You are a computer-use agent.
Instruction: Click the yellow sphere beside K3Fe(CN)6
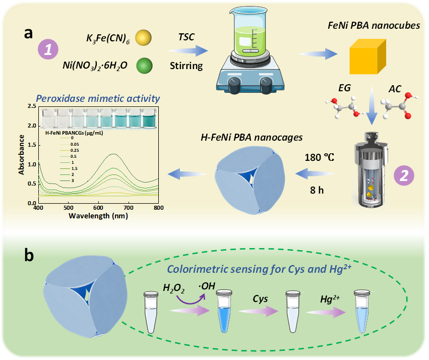(x=143, y=37)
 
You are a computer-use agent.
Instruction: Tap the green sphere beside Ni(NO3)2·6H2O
(x=143, y=66)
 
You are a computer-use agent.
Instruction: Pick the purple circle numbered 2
(x=404, y=174)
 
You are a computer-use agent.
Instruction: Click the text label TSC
(x=187, y=37)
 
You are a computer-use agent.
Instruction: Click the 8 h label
(x=318, y=191)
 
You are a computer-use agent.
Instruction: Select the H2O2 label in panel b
(x=173, y=288)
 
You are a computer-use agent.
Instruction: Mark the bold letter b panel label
(x=29, y=256)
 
